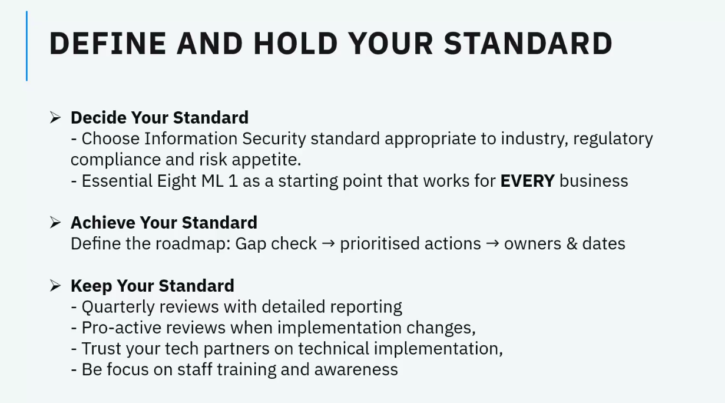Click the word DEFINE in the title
108,44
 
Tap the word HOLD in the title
296,44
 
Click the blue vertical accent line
27,45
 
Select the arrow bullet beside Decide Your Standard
55,117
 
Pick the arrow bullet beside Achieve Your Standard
55,222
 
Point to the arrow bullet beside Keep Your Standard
55,286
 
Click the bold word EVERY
528,181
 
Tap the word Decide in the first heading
98,117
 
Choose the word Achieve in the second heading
103,223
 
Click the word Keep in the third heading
91,286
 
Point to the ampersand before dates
572,244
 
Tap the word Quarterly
118,307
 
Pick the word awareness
356,370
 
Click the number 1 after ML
233,181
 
